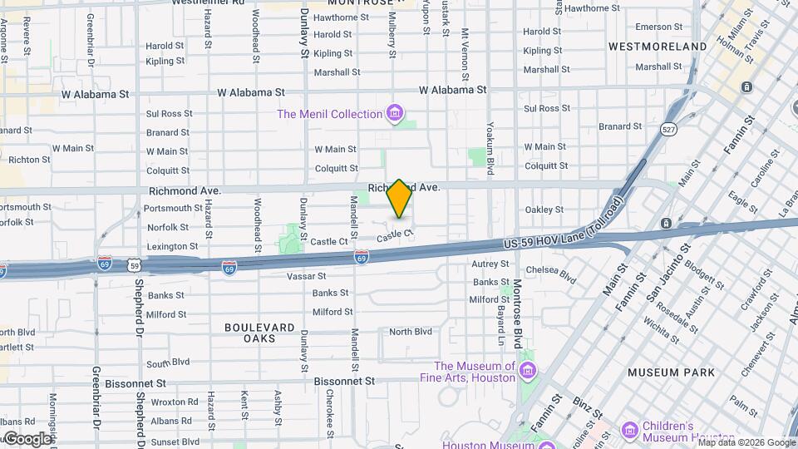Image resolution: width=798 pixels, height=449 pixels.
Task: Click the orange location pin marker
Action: [399, 199]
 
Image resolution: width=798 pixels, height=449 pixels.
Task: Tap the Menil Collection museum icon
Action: [395, 113]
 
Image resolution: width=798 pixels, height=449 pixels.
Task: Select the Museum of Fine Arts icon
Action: [526, 369]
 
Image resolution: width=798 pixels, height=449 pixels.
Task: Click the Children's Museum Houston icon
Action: [629, 431]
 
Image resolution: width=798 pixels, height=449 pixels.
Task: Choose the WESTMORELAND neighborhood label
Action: [657, 47]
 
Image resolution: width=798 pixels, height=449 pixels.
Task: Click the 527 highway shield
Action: [668, 129]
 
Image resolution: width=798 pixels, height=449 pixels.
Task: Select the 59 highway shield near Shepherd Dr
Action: [134, 266]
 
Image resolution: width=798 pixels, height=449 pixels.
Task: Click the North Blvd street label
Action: [411, 331]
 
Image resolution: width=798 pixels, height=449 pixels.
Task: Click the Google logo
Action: [27, 438]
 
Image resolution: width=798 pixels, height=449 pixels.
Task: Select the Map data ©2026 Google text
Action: [746, 442]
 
